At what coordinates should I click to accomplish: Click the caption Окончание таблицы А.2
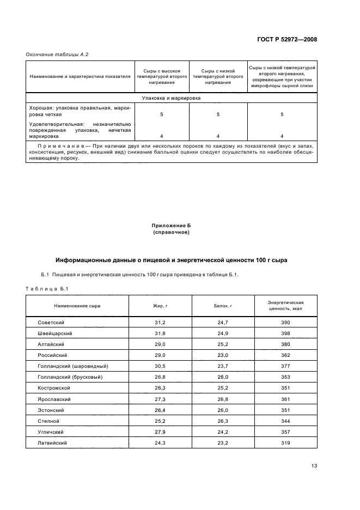pos(57,54)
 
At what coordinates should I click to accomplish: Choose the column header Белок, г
pos(223,306)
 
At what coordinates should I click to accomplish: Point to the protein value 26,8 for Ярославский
pos(223,399)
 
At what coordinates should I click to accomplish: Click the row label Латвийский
pos(53,443)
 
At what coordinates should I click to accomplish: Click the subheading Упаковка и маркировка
pos(170,99)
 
